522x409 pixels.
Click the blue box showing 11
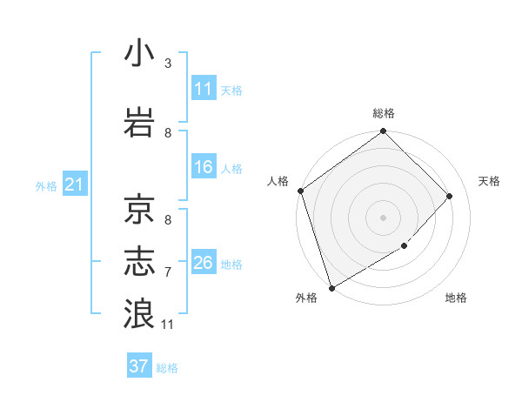pyautogui.click(x=204, y=89)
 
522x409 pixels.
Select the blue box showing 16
pyautogui.click(x=204, y=167)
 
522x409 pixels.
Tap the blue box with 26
pyautogui.click(x=204, y=263)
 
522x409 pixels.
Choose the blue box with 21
pyautogui.click(x=74, y=184)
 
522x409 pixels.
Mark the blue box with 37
pyautogui.click(x=139, y=366)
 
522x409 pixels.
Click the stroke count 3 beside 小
pyautogui.click(x=168, y=64)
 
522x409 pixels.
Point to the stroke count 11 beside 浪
pyautogui.click(x=168, y=325)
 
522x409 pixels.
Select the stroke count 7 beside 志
pyautogui.click(x=168, y=272)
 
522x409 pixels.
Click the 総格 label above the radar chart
pyautogui.click(x=384, y=113)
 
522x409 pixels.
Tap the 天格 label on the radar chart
pyautogui.click(x=489, y=181)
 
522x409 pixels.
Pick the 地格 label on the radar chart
pyautogui.click(x=456, y=298)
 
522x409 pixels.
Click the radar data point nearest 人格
pyautogui.click(x=300, y=191)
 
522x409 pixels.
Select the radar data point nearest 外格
pyautogui.click(x=331, y=287)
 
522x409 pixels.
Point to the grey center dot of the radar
pyautogui.click(x=383, y=217)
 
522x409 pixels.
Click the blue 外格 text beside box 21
pyautogui.click(x=46, y=185)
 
